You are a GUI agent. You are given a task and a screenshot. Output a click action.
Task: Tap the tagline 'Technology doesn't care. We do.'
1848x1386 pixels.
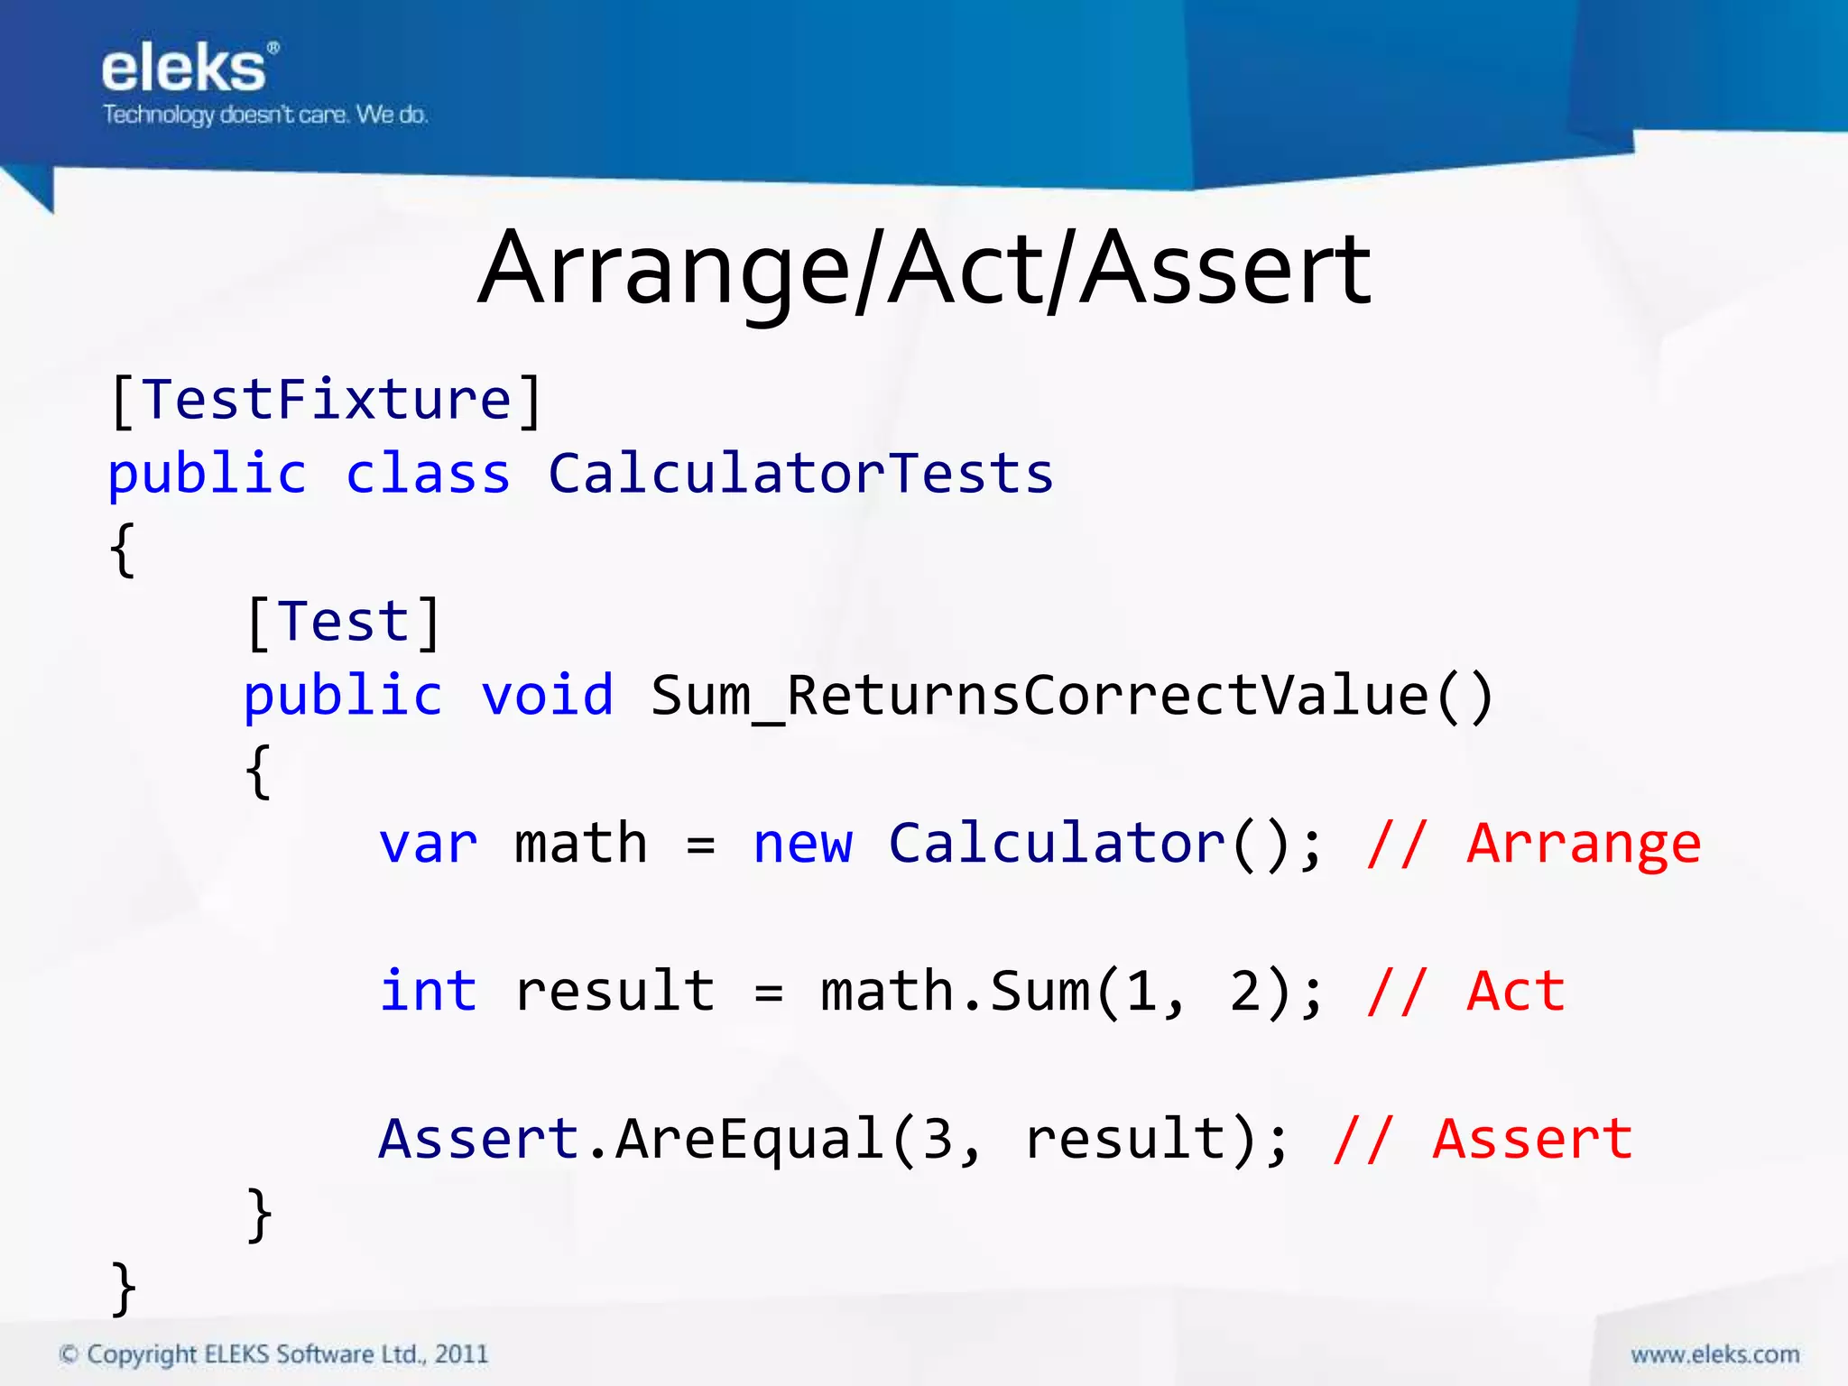(x=264, y=115)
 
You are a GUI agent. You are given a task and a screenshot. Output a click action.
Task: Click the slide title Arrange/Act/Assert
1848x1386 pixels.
(x=924, y=269)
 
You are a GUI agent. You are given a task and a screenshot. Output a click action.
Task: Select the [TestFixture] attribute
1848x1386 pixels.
(x=326, y=400)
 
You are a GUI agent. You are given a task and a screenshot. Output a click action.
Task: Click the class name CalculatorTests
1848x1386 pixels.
(x=800, y=474)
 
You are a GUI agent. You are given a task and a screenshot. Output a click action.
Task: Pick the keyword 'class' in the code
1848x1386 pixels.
(x=428, y=474)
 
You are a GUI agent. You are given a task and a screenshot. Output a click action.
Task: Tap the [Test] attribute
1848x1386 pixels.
(x=343, y=622)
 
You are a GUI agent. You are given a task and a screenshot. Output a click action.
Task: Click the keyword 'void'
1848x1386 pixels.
(x=547, y=696)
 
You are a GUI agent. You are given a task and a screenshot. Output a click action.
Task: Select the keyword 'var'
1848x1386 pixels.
(x=428, y=844)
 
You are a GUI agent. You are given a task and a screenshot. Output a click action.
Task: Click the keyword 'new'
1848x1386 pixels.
(x=802, y=844)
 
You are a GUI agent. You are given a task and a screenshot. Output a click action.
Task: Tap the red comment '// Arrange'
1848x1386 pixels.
(x=1534, y=844)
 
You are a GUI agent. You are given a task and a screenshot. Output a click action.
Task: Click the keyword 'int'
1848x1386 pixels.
(x=428, y=991)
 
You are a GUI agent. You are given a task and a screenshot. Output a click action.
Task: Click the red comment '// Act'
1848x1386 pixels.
(x=1465, y=991)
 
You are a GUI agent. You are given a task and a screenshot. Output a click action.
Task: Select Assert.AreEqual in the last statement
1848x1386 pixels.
(x=630, y=1139)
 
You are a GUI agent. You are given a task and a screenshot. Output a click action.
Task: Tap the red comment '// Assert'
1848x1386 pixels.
(x=1483, y=1139)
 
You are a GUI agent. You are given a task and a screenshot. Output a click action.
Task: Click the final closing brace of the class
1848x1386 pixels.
(x=124, y=1288)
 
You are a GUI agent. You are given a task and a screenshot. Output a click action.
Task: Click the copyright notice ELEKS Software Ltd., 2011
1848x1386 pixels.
(x=273, y=1354)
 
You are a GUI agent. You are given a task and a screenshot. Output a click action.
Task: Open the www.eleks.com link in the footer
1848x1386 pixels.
(x=1714, y=1354)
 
